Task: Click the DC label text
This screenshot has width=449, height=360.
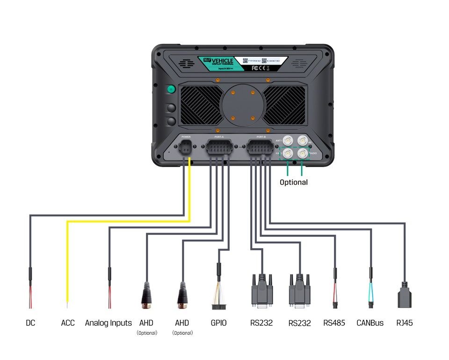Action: pyautogui.click(x=30, y=323)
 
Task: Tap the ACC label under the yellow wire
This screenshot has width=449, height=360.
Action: pyautogui.click(x=68, y=323)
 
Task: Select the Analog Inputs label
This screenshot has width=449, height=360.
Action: pyautogui.click(x=109, y=323)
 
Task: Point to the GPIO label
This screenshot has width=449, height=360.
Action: pyautogui.click(x=218, y=323)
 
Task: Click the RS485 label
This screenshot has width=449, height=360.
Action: pyautogui.click(x=334, y=323)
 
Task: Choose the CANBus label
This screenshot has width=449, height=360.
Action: pyautogui.click(x=370, y=323)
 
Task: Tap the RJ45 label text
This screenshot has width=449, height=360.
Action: pyautogui.click(x=405, y=323)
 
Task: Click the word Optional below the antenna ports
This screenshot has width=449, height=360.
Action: pyautogui.click(x=294, y=182)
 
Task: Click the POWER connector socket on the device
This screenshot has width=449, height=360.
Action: pyautogui.click(x=186, y=147)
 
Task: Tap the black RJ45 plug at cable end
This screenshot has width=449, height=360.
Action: pyautogui.click(x=404, y=295)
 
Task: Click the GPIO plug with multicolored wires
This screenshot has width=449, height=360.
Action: pyautogui.click(x=218, y=300)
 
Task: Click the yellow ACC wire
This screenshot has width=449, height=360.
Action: pyautogui.click(x=68, y=262)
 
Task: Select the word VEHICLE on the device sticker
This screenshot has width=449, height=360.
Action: pyautogui.click(x=222, y=61)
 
